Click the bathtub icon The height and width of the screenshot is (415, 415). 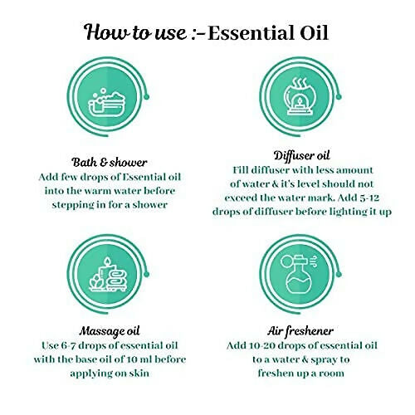(106, 103)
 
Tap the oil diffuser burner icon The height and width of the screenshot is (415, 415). (300, 96)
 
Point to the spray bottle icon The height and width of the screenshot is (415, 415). (299, 274)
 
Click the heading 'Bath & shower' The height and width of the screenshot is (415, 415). (110, 163)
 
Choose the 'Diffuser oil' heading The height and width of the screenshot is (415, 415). (301, 155)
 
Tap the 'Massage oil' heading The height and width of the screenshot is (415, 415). (110, 330)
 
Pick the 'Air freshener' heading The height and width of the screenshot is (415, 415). (300, 330)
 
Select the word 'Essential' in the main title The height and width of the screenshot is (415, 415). (251, 33)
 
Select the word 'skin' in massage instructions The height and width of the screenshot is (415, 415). (139, 373)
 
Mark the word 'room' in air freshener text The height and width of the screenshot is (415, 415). (332, 373)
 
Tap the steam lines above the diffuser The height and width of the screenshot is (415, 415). (300, 82)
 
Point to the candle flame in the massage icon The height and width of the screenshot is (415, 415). (107, 261)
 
